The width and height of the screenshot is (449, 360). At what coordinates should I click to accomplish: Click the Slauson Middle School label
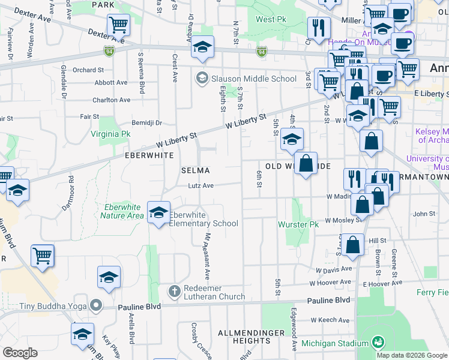[x=253, y=78]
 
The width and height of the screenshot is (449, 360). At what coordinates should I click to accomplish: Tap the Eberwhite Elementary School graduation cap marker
[x=158, y=212]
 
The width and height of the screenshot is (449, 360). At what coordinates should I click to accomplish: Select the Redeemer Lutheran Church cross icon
[x=175, y=291]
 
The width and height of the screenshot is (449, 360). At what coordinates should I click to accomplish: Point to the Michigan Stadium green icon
[x=378, y=343]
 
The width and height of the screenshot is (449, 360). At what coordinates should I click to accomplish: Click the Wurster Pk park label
[x=298, y=224]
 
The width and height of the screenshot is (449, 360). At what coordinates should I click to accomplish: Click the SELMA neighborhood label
[x=196, y=170]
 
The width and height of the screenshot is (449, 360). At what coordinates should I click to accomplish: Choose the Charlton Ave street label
[x=112, y=100]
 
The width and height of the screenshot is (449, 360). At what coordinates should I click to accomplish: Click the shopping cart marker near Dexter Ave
[x=119, y=25]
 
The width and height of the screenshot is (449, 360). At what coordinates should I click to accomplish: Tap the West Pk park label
[x=270, y=19]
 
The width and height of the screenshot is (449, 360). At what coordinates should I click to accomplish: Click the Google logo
[x=20, y=353]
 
